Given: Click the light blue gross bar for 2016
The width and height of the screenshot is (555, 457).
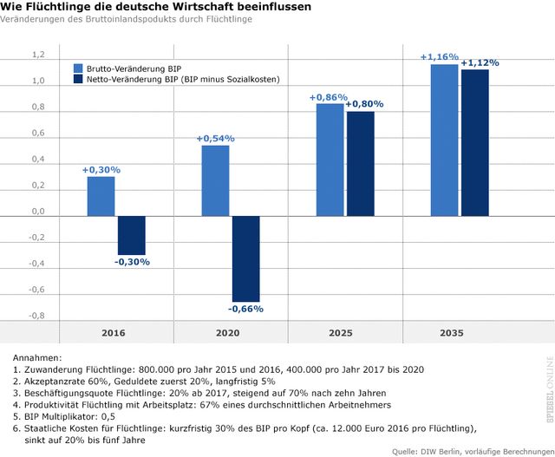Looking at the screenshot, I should coord(101,196).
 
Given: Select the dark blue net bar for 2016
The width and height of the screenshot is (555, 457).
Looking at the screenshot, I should coord(132,235).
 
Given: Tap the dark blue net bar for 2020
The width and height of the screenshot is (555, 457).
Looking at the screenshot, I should coord(245,258).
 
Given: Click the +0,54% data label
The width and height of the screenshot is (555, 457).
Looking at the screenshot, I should coord(215,139).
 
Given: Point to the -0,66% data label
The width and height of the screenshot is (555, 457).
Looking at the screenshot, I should coord(245,309).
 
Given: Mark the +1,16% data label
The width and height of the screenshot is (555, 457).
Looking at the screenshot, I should coord(439,57).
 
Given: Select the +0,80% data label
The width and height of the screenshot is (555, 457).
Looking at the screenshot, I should coord(364,104).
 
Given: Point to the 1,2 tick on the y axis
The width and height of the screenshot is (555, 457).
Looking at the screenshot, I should coord(38,55).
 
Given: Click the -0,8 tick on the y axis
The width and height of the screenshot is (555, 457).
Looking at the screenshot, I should coord(37,316).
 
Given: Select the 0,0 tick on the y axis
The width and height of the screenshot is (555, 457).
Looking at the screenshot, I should coord(38,212).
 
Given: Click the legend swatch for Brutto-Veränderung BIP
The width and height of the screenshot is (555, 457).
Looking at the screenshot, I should coord(79,68).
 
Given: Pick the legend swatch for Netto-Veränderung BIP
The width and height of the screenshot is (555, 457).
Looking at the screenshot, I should coord(79,80).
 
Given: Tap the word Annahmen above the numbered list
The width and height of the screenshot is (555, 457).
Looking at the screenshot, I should coord(36,356).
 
